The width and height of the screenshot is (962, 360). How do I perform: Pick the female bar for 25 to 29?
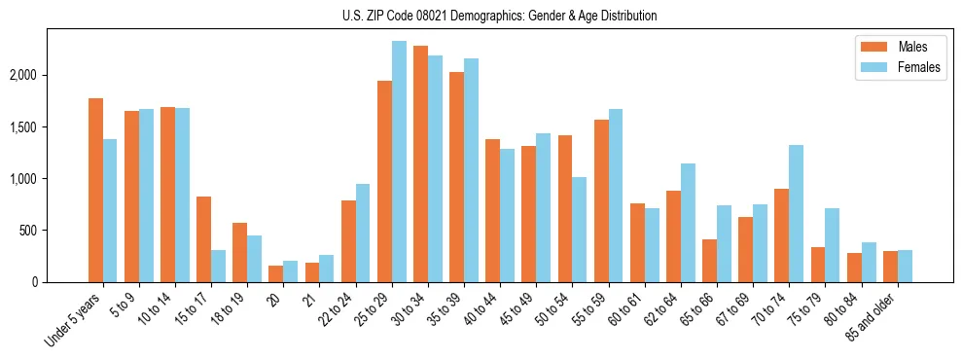tap(399, 162)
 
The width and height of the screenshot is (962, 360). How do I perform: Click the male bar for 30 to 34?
tap(420, 163)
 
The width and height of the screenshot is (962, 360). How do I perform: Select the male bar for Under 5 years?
tap(95, 190)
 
